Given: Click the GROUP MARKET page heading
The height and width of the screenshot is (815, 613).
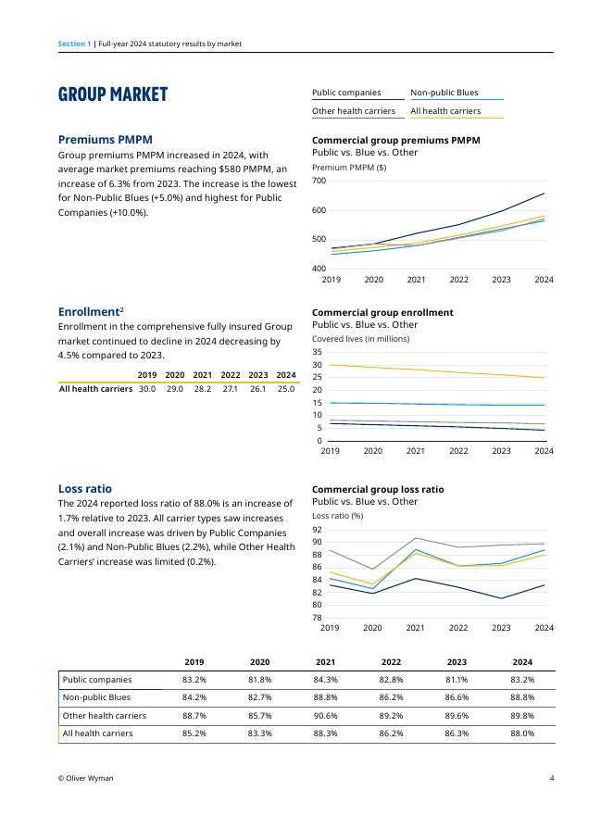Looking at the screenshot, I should [113, 94].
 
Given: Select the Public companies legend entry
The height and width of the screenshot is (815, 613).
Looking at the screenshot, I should [346, 93].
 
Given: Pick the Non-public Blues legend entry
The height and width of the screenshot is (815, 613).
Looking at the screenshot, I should [444, 93].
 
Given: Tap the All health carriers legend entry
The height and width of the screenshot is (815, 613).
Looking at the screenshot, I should [445, 111].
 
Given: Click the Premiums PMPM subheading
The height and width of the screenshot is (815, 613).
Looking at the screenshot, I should [106, 139].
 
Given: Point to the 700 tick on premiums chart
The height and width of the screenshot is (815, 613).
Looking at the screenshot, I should [319, 181].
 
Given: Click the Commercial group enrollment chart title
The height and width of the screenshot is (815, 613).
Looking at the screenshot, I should [382, 312].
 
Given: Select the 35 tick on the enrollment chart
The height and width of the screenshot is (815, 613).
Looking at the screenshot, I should [317, 352].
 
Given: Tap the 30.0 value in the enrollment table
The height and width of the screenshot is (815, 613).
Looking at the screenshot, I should [146, 389].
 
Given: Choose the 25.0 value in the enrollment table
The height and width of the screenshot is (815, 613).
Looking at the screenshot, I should [286, 389].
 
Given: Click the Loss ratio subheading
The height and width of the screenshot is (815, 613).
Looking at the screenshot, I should [85, 488].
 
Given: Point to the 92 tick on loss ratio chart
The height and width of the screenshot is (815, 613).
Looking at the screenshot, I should [317, 529].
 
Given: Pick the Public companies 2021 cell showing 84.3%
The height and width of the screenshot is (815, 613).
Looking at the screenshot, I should [325, 680].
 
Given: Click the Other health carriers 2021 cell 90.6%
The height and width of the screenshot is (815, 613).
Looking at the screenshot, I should [325, 716].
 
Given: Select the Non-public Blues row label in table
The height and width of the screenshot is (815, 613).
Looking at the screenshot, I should [96, 697].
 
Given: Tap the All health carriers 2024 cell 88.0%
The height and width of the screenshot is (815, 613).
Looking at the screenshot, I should [522, 733].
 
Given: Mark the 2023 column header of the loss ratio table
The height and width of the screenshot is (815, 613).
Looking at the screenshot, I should [457, 662].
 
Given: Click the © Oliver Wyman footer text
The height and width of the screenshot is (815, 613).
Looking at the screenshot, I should [85, 779].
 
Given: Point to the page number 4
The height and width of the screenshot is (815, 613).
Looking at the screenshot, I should [551, 779].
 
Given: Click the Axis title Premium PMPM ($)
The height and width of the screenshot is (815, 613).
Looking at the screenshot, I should [349, 168].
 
